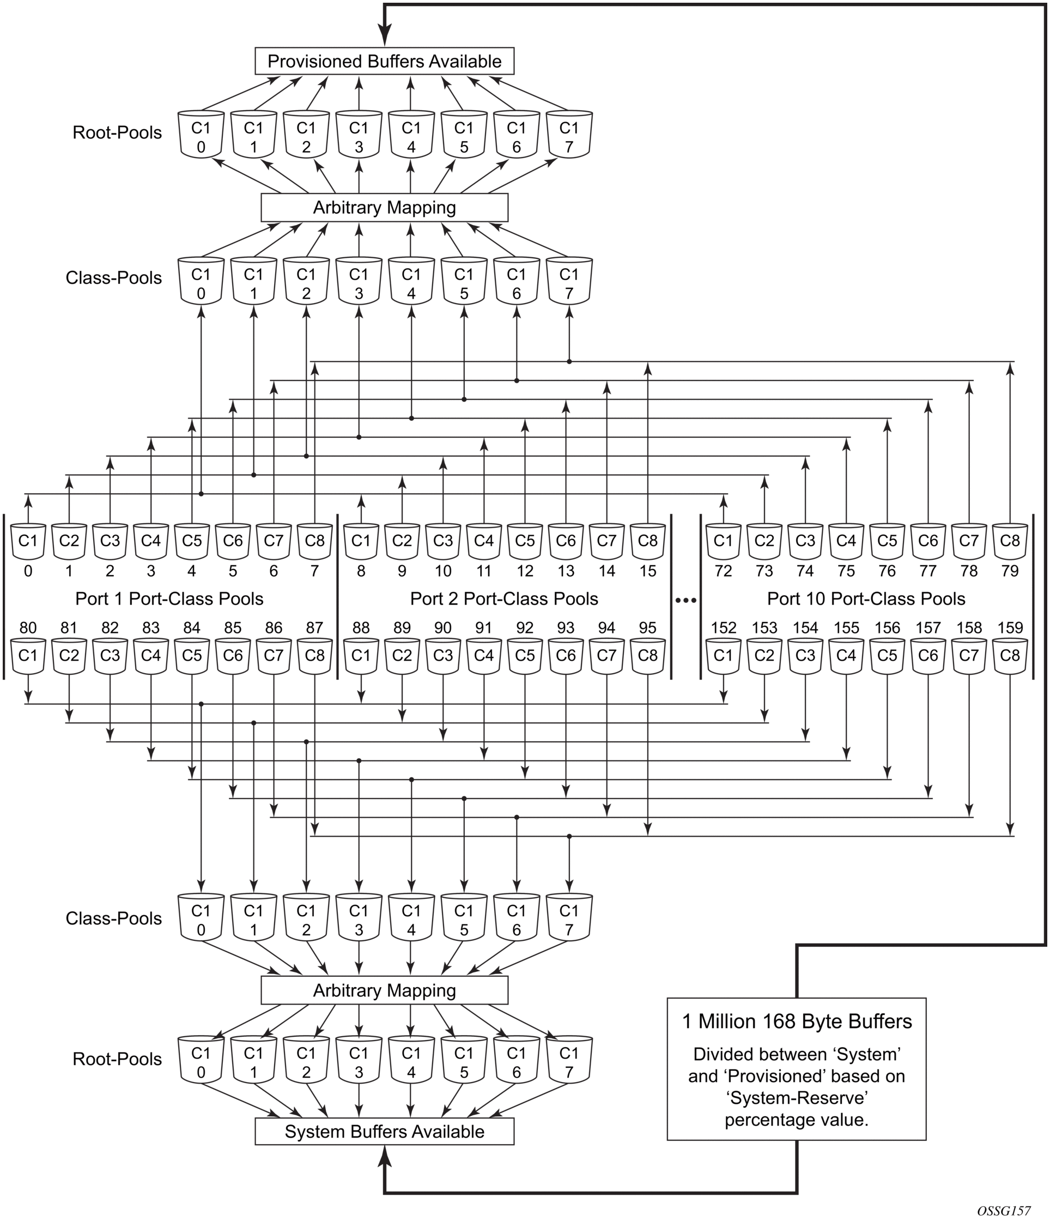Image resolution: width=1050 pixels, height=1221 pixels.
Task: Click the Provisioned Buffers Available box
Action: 384,61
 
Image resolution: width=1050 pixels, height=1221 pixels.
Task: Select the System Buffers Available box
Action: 384,1132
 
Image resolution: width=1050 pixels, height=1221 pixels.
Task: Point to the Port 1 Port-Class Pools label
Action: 169,599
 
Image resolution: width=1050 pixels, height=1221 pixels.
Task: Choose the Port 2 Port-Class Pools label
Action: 504,599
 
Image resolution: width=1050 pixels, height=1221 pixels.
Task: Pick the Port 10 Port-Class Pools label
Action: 866,599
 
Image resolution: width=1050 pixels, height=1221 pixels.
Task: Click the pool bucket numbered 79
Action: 1010,541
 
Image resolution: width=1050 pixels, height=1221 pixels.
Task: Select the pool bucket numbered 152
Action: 723,655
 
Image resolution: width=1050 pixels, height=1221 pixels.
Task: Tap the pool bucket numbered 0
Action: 28,541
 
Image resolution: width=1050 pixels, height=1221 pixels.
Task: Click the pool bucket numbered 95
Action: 647,655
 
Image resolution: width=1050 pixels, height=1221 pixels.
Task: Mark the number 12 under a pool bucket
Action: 524,571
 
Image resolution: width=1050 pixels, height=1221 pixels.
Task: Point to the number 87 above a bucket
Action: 314,627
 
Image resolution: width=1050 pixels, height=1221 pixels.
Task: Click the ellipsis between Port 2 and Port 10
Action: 685,600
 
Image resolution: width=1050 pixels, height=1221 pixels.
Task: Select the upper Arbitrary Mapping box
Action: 384,208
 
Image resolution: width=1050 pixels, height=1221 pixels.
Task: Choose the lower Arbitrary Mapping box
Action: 384,990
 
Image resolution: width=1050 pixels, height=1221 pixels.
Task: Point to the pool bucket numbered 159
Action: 1010,655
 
